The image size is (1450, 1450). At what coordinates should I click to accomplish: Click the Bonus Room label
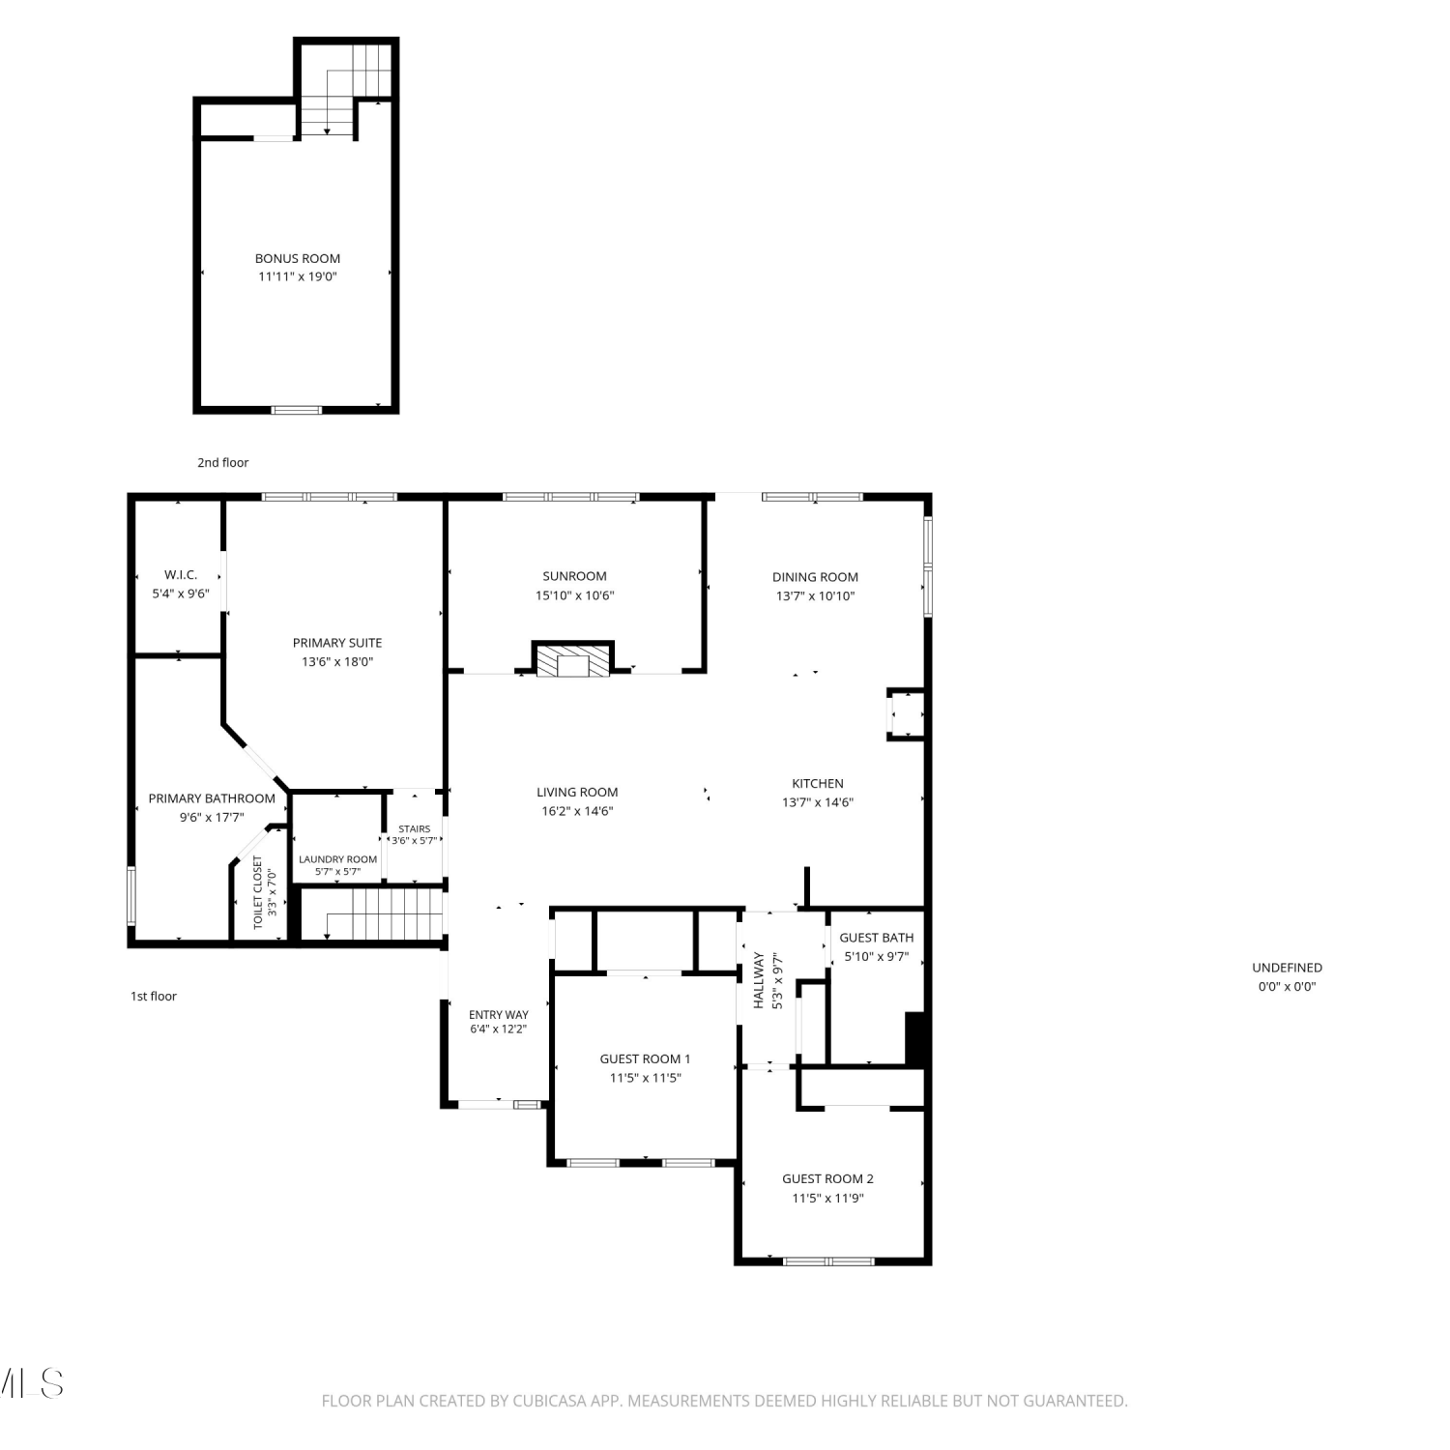298,258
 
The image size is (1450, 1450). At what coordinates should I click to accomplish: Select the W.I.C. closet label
181,574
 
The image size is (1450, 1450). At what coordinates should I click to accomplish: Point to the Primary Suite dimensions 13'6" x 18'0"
337,662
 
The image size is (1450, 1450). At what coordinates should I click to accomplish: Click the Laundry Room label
338,859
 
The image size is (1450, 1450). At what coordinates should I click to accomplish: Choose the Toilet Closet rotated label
258,892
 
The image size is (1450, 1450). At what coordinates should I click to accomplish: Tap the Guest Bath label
877,938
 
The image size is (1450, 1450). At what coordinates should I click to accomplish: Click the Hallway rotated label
759,981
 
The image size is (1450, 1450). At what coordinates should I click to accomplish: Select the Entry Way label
499,1015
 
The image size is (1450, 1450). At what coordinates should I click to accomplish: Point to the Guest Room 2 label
828,1178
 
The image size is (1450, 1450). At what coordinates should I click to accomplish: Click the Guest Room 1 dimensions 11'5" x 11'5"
646,1078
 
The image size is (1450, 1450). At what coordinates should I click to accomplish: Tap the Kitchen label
818,783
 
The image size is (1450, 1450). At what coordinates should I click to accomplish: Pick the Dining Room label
815,577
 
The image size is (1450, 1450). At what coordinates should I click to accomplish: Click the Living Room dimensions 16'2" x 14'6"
577,811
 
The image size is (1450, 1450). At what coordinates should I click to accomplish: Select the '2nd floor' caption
223,462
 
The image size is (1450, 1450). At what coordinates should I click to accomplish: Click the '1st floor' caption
154,996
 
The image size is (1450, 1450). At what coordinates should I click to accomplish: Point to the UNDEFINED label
1288,968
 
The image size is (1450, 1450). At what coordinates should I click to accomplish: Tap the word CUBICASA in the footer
549,1401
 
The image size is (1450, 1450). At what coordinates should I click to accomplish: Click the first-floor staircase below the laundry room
373,913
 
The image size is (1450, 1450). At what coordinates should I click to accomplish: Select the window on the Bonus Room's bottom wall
297,410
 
